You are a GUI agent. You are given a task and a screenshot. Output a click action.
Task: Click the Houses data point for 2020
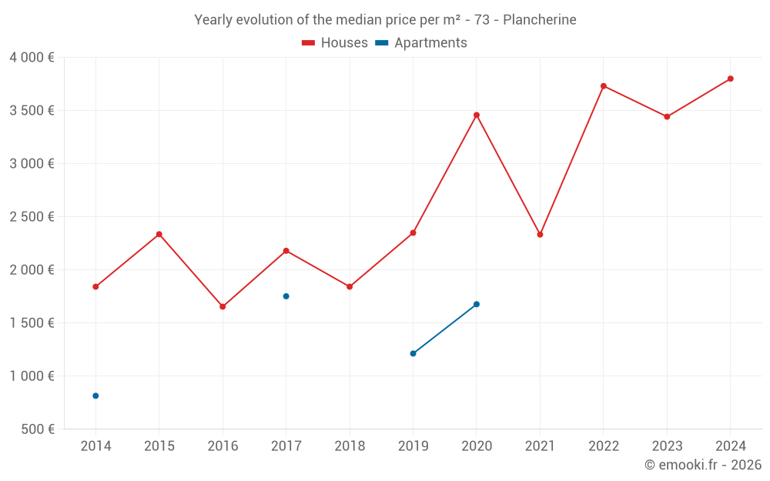(x=477, y=115)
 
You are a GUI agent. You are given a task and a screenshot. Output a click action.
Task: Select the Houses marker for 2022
(x=604, y=86)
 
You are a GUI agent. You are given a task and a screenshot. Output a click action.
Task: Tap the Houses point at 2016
(x=223, y=306)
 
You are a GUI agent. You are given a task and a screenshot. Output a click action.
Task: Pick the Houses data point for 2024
(x=731, y=78)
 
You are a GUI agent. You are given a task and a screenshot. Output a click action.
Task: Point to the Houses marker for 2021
(x=540, y=234)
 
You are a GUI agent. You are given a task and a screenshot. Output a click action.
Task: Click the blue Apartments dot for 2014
(x=95, y=396)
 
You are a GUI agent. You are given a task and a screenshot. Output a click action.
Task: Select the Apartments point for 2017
(x=286, y=296)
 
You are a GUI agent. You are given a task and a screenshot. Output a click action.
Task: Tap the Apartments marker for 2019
(x=413, y=353)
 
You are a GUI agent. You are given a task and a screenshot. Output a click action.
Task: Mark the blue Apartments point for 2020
(x=477, y=304)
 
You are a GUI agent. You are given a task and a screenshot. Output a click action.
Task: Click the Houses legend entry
(x=335, y=43)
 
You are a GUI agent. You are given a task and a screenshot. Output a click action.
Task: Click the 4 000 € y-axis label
(x=32, y=58)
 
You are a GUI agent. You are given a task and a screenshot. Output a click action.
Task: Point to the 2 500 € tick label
(x=32, y=217)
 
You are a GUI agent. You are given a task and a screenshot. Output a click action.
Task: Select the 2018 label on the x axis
(x=350, y=446)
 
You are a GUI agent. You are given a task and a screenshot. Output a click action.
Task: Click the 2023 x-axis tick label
(x=667, y=446)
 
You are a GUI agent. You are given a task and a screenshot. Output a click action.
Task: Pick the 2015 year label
(x=159, y=446)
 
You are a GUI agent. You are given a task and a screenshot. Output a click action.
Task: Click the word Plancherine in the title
(x=539, y=20)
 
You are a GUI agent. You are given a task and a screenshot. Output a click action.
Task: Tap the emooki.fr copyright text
(x=703, y=465)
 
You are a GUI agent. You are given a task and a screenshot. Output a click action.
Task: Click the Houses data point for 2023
(x=667, y=117)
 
